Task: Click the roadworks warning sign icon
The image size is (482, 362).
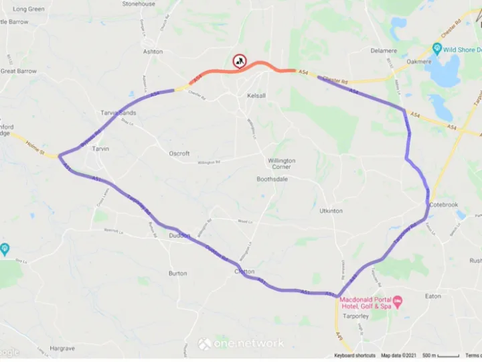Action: pyautogui.click(x=239, y=61)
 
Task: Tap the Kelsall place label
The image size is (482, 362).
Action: pyautogui.click(x=256, y=96)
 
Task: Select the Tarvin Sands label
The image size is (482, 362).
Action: pyautogui.click(x=117, y=113)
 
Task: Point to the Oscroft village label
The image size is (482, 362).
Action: pyautogui.click(x=179, y=154)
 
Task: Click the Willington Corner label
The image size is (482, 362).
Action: pyautogui.click(x=281, y=165)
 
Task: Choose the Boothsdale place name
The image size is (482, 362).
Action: pyautogui.click(x=273, y=180)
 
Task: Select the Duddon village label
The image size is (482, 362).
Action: pyautogui.click(x=179, y=236)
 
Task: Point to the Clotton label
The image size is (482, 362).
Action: pyautogui.click(x=245, y=271)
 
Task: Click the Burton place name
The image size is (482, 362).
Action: pyautogui.click(x=177, y=274)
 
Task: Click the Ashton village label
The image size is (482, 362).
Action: pyautogui.click(x=153, y=52)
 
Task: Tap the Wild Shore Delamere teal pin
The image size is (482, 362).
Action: pyautogui.click(x=437, y=49)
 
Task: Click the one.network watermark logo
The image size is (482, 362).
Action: pyautogui.click(x=240, y=344)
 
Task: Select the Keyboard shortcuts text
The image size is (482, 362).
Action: pyautogui.click(x=355, y=355)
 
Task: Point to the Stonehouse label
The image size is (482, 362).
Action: pyautogui.click(x=139, y=4)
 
